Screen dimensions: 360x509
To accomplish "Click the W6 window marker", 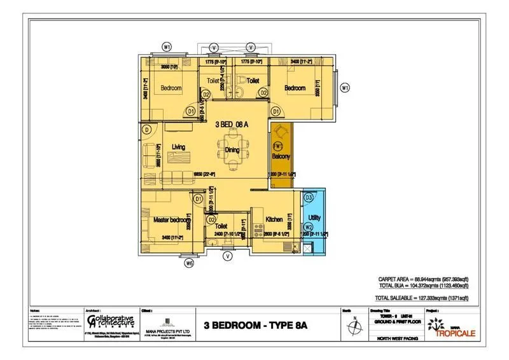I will (188, 263).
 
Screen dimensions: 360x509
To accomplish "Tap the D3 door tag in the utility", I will (309, 198).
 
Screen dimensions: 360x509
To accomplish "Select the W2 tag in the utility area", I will (309, 227).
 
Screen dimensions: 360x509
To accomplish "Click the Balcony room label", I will (281, 156).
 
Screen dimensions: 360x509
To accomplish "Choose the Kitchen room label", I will (274, 219).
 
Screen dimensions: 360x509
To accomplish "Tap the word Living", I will (178, 147).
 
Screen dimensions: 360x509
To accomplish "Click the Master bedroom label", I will (171, 219).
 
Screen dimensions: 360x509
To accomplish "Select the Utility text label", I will (314, 218).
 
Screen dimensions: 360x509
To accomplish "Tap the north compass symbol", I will (353, 325).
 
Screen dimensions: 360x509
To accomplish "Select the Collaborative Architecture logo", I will (109, 321).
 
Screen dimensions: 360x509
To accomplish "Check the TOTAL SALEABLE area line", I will (421, 298).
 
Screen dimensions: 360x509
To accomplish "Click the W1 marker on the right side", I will (345, 88).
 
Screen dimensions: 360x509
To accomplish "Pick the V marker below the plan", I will (227, 256).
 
